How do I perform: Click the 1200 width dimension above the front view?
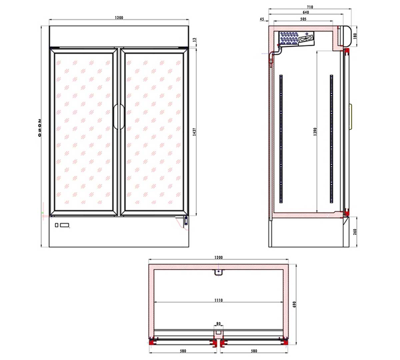[119, 18]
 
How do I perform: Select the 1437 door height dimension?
[195, 131]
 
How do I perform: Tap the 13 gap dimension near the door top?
[195, 40]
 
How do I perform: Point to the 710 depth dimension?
[310, 7]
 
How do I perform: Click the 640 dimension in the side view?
[306, 12]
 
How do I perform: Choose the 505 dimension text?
[303, 19]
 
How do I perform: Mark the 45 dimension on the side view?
[262, 19]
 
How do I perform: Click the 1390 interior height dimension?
[315, 131]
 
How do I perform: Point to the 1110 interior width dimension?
[218, 300]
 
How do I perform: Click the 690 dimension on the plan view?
[294, 304]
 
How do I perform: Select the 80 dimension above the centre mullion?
[218, 323]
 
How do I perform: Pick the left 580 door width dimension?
[183, 351]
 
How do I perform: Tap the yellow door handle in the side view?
[350, 116]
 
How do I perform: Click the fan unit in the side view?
[306, 39]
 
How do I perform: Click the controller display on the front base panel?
[64, 225]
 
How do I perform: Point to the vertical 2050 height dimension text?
[40, 128]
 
